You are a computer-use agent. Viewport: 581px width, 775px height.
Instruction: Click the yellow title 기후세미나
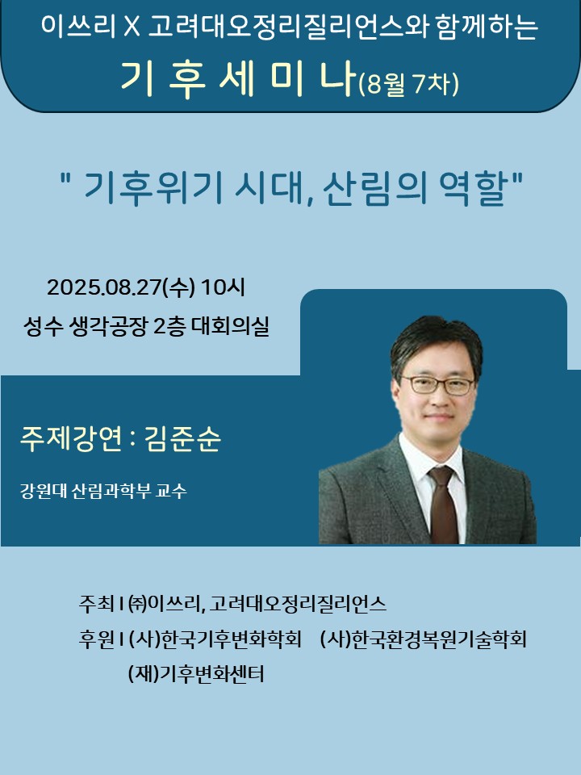click(x=238, y=79)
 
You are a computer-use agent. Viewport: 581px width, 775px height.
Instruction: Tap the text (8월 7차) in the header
click(x=408, y=83)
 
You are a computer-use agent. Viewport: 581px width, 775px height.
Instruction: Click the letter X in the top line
click(x=132, y=27)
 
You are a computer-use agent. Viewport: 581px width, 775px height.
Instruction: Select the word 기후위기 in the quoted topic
click(x=151, y=189)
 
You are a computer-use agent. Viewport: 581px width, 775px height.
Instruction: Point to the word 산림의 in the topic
click(x=374, y=189)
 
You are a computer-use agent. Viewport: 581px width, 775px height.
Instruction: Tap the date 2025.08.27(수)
click(x=121, y=287)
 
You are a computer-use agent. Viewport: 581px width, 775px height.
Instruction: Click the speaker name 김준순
click(x=183, y=438)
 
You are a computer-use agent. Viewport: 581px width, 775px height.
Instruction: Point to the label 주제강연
click(x=71, y=438)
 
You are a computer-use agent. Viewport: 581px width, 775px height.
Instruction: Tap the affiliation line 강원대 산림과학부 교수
click(x=103, y=491)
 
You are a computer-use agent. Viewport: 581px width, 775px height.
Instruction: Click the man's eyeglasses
click(x=438, y=384)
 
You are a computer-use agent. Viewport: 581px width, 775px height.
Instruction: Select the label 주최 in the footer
click(x=96, y=603)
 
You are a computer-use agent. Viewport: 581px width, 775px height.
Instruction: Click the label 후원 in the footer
click(x=96, y=639)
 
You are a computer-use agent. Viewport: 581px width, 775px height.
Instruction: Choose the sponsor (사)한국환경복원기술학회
click(x=424, y=639)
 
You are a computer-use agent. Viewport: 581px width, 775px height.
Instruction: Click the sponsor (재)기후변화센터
click(x=196, y=673)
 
